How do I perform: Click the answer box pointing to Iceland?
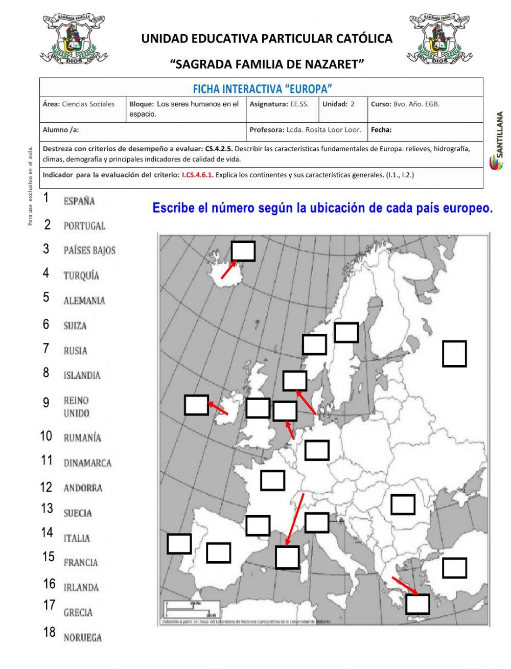(x=243, y=251)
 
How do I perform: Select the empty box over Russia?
(x=454, y=354)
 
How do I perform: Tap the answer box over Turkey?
(x=454, y=568)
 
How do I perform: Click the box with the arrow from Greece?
(x=417, y=604)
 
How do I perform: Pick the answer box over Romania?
(x=403, y=504)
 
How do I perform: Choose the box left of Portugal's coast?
(x=179, y=544)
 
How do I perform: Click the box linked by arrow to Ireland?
(x=196, y=405)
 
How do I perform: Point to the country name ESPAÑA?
(x=79, y=201)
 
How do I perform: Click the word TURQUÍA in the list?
(x=81, y=275)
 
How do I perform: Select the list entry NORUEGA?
(x=82, y=637)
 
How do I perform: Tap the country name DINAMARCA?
(x=87, y=463)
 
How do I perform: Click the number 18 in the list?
(x=49, y=632)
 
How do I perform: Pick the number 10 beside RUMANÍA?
(x=46, y=436)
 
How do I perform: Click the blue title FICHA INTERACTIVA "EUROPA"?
(x=262, y=89)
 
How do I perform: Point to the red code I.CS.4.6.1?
(x=197, y=175)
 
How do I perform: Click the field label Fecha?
(x=381, y=130)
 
